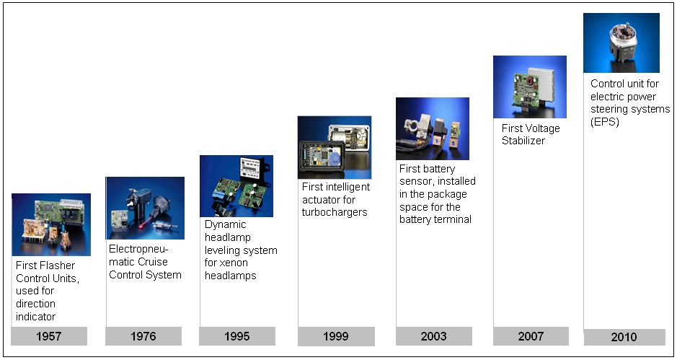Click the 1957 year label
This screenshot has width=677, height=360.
tap(49, 336)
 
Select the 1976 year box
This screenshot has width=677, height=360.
tap(143, 336)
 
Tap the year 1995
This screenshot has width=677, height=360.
tap(237, 336)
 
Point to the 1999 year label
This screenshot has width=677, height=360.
tap(336, 336)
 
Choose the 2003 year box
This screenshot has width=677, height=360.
tap(434, 336)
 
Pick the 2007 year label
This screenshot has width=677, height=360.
tap(531, 336)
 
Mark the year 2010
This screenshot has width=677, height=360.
tap(624, 337)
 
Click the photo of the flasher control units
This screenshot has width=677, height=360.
tap(51, 225)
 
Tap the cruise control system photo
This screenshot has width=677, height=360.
tap(145, 208)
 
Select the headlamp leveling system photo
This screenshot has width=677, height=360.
tap(236, 186)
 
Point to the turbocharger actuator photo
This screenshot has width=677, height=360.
tap(335, 147)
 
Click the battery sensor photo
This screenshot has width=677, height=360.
tap(433, 129)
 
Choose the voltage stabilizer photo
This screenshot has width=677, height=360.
tap(530, 87)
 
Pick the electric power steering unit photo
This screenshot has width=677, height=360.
tap(621, 43)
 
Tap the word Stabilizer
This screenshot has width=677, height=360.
tap(523, 141)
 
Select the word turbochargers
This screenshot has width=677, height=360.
tap(335, 212)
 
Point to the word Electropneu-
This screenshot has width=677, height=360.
tap(138, 249)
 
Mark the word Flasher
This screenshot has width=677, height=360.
tap(58, 265)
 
